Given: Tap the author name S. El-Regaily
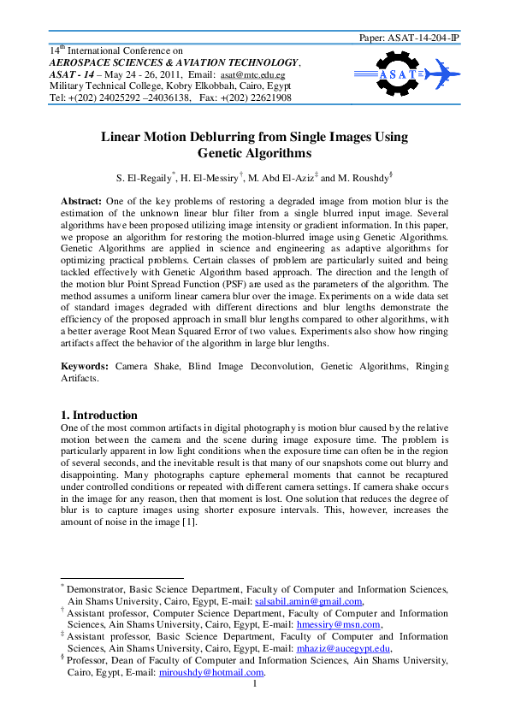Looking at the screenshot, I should [144, 178].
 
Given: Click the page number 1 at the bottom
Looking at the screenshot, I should [254, 684].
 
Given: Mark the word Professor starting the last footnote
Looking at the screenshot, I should [92, 660].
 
